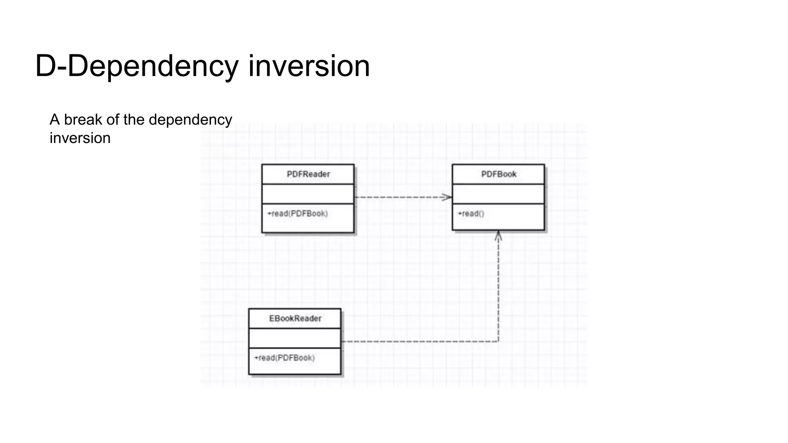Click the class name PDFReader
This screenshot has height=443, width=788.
(x=308, y=174)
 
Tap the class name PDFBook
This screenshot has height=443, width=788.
(x=499, y=174)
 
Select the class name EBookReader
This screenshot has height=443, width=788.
(x=295, y=318)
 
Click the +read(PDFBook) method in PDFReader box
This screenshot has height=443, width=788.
(x=297, y=214)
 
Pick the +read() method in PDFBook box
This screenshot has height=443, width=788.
(x=471, y=214)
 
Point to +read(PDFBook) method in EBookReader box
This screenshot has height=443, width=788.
(x=284, y=358)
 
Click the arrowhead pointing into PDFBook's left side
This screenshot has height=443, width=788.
(x=447, y=197)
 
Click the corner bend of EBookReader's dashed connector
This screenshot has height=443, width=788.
(x=498, y=341)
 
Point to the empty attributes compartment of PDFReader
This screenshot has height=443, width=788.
(x=308, y=194)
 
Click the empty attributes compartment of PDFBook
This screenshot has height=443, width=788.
(x=498, y=194)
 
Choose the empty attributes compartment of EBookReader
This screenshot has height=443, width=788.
(x=295, y=338)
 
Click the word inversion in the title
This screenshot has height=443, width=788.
(x=309, y=66)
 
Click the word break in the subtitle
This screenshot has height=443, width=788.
(x=81, y=120)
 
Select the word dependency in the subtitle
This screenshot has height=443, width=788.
(x=190, y=120)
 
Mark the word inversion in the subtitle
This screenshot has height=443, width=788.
(x=80, y=138)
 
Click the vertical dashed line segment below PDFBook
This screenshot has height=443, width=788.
(x=498, y=288)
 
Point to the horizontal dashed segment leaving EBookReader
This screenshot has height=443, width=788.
(x=419, y=341)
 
